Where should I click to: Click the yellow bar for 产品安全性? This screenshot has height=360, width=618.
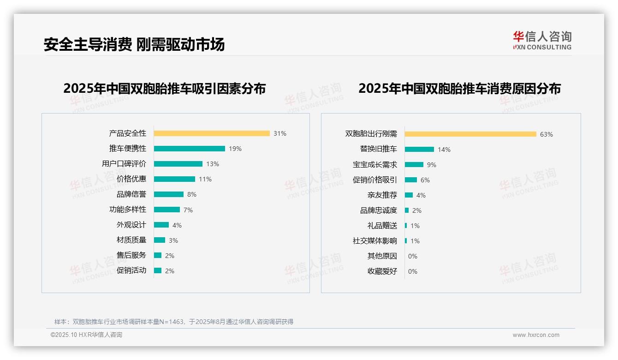pos(212,133)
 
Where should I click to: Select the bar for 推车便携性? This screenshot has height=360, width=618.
pos(190,149)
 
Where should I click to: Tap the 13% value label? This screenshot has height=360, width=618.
pos(213,164)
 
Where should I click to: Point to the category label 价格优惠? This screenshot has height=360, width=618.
pos(131,179)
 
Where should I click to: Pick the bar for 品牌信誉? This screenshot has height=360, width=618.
pos(169,194)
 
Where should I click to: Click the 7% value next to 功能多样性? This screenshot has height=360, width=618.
pos(188,210)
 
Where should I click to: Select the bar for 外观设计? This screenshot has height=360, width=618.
pos(161,225)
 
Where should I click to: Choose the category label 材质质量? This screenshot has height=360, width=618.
pos(131,240)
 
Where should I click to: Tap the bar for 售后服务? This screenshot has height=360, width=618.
pos(158,255)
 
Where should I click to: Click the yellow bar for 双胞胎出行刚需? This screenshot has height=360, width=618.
pos(470,134)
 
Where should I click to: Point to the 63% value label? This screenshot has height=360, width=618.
pos(547,135)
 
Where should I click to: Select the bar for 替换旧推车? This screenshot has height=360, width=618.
pos(419,149)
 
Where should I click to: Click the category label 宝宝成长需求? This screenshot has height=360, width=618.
pos(375,165)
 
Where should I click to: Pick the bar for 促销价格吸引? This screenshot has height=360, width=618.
pos(411,180)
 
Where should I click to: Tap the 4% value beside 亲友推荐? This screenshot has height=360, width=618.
pos(421,195)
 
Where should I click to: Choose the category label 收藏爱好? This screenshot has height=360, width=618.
pos(382,271)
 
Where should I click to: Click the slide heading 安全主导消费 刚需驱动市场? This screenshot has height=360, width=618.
pos(134,44)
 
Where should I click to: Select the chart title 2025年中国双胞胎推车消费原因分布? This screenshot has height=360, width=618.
pos(459,89)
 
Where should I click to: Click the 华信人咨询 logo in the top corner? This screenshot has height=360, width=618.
pos(542,40)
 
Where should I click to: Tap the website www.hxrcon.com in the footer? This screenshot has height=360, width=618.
pos(536,335)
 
